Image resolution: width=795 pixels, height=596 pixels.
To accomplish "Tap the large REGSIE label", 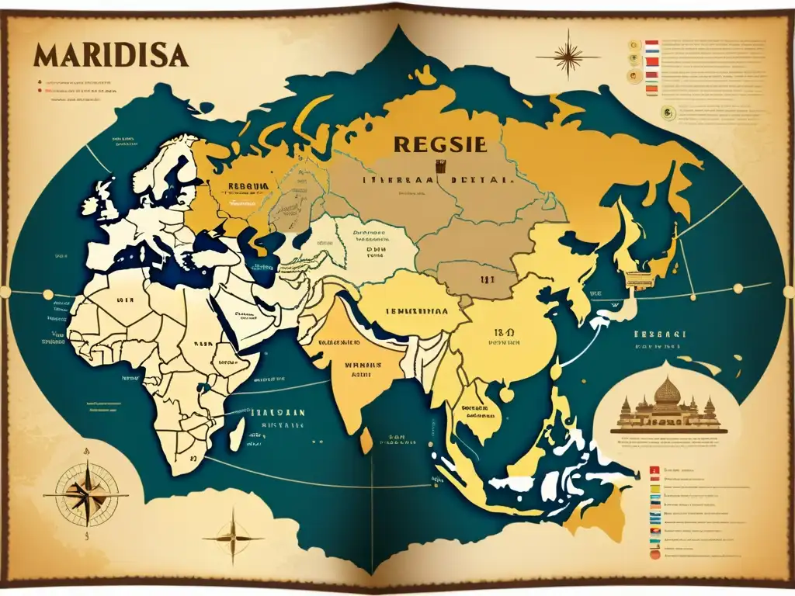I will [439, 144].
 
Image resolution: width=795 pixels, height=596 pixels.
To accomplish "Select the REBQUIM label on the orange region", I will [248, 186].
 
